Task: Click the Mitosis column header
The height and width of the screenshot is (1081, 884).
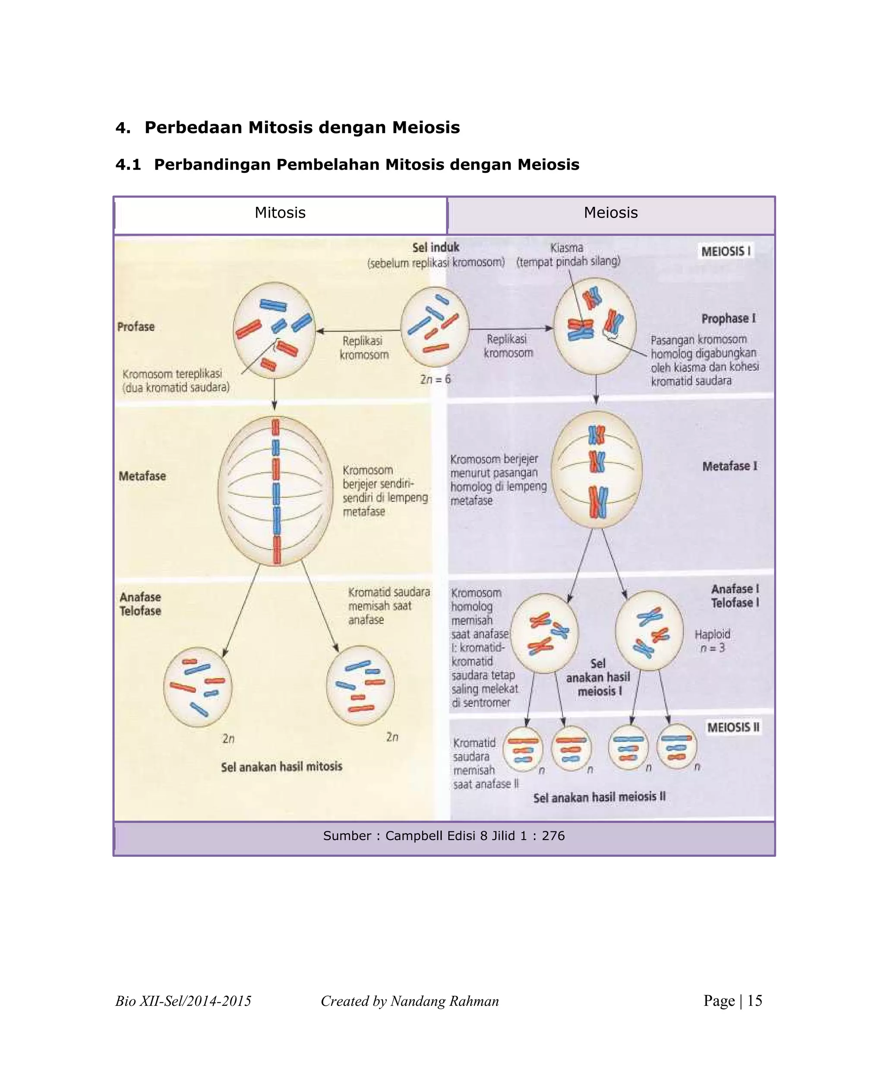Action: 280,213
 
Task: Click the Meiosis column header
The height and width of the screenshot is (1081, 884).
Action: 610,213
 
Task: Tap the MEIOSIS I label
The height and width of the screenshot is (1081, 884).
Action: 725,251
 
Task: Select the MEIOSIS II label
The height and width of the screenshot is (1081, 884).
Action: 733,727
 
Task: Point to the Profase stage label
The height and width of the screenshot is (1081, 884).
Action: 136,327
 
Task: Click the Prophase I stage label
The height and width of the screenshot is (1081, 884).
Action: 728,318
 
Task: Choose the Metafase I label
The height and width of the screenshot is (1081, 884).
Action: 729,466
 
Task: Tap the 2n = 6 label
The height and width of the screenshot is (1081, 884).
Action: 436,379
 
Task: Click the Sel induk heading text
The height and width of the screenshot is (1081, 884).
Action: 436,247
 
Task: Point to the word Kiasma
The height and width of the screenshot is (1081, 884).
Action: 566,247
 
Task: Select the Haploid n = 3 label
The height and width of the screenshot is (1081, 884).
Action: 712,641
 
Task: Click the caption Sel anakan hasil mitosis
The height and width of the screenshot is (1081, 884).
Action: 281,767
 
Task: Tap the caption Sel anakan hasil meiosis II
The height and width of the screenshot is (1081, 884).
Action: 600,797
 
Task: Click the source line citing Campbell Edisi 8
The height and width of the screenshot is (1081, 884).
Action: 444,836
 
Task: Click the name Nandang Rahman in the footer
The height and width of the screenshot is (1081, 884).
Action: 444,1001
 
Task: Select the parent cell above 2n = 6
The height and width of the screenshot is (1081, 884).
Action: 434,327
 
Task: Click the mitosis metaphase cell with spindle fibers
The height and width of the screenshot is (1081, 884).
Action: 275,491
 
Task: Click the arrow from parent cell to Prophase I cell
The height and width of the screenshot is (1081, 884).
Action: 511,329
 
